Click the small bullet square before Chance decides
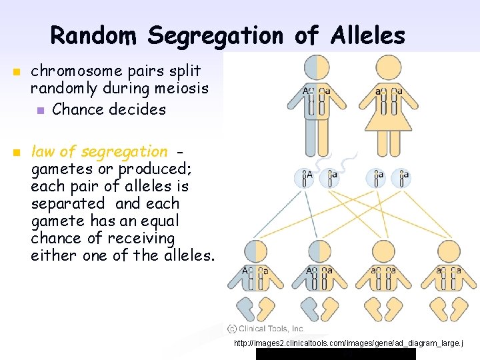click(x=41, y=110)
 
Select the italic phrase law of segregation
click(x=99, y=151)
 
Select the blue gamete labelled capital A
click(x=306, y=177)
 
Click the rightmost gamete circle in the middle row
click(x=401, y=177)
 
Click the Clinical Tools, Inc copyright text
click(x=265, y=329)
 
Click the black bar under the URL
click(x=335, y=355)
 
